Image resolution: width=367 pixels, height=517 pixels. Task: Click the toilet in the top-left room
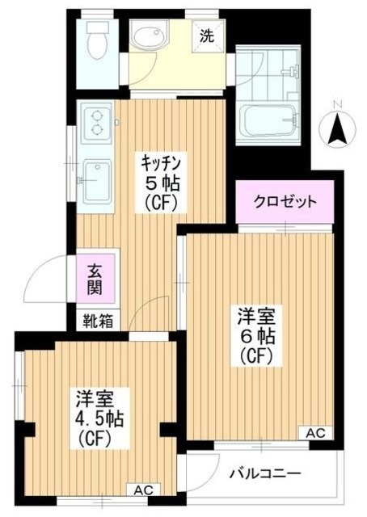(98, 38)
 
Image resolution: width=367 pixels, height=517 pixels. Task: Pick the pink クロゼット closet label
(284, 201)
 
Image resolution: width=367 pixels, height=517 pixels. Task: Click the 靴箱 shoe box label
(97, 321)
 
